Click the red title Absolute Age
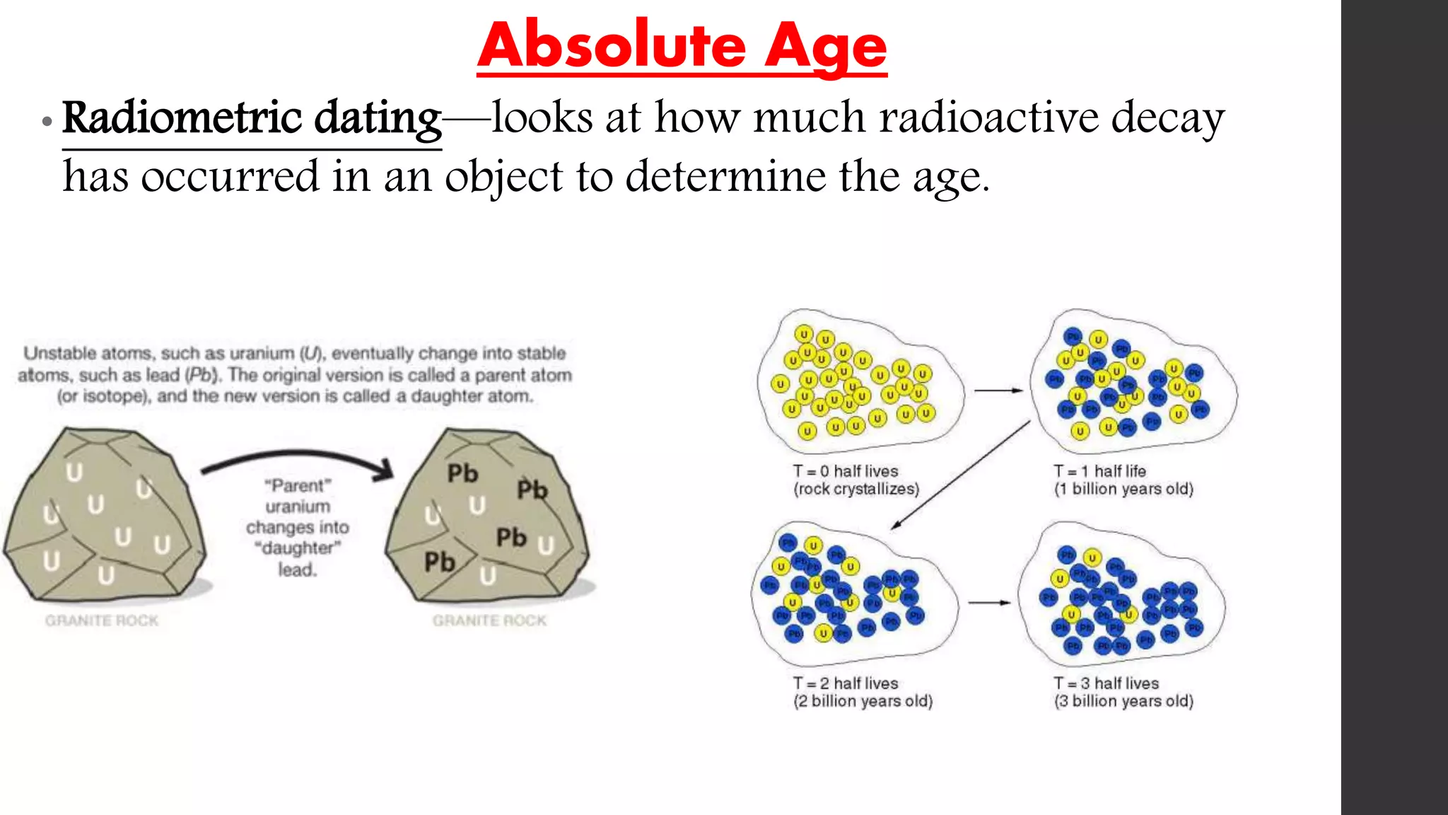coord(682,47)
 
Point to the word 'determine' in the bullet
coord(725,177)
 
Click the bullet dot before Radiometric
coord(47,122)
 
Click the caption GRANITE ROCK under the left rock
coord(102,620)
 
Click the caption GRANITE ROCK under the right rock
coord(489,620)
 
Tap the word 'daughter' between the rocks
coord(298,548)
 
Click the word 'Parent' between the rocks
coord(298,486)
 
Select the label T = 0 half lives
coord(845,471)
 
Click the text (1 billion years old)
coord(1123,490)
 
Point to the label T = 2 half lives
coord(845,683)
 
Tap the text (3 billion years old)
coord(1123,701)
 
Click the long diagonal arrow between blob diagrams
coord(960,475)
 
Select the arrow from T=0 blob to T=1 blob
coord(998,391)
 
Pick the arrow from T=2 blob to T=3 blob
coord(988,603)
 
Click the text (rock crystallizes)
coord(856,490)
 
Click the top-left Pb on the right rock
coord(462,473)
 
